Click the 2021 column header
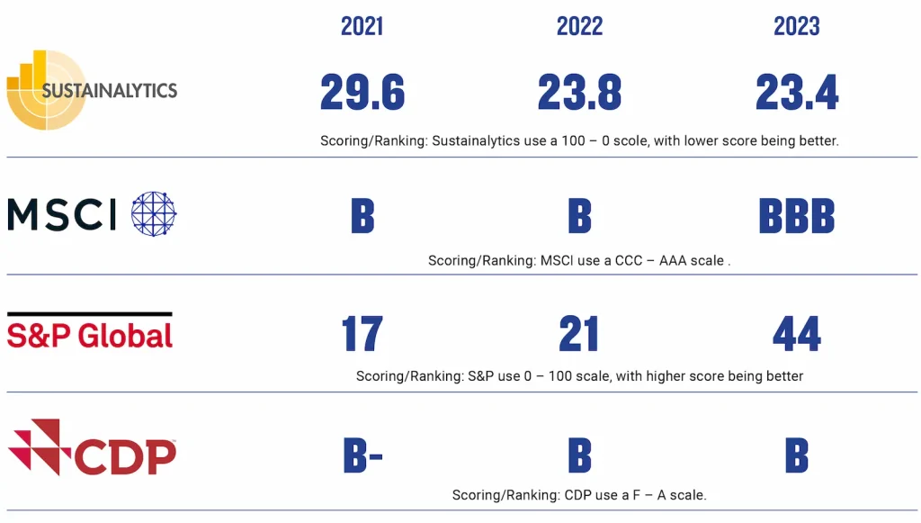point(362,26)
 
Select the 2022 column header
point(579,26)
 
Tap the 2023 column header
point(797,26)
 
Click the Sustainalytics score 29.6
point(362,92)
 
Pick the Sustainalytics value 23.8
point(580,92)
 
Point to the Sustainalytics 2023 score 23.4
point(797,92)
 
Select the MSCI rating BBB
point(797,216)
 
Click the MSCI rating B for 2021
point(362,216)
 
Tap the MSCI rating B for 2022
point(580,216)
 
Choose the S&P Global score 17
point(362,334)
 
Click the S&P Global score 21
point(579,334)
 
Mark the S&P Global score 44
point(797,334)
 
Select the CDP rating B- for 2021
point(363,455)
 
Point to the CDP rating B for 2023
point(797,455)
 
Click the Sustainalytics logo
point(92,90)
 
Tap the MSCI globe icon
point(154,214)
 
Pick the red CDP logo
point(92,447)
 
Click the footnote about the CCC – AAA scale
point(579,260)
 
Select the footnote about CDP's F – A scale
point(579,495)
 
